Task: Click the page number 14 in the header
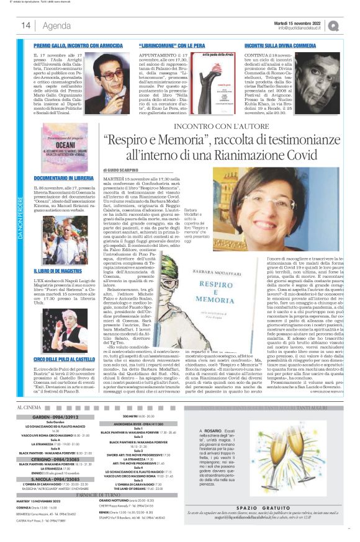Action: pos(26,25)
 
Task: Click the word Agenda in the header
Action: pos(57,25)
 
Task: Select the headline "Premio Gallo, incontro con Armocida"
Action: pos(74,46)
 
